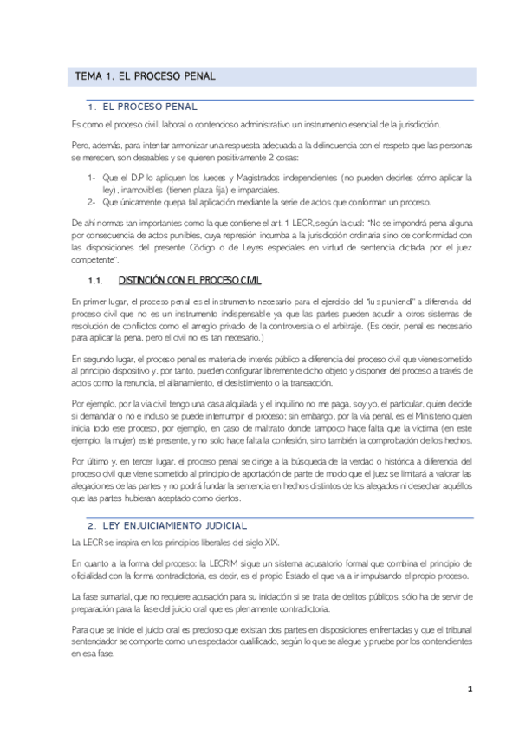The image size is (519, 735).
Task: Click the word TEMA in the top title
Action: coord(88,76)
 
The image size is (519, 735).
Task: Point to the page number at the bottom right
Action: coord(469,689)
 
